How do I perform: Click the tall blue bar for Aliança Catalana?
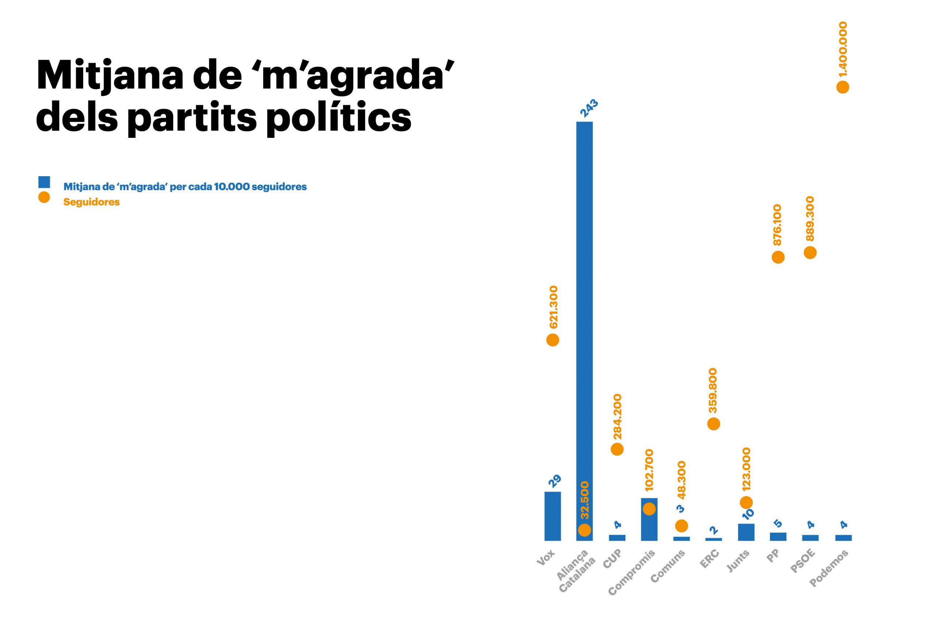point(584,318)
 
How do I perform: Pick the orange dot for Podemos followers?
point(843,87)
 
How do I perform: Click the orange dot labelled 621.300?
point(553,340)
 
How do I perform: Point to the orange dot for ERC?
point(714,424)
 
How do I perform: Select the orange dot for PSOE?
point(810,252)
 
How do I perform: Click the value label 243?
point(589,109)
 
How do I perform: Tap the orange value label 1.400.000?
point(842,49)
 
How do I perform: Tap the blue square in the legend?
point(44,182)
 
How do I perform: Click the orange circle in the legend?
point(44,197)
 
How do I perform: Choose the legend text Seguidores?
point(91,202)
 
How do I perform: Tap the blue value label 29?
point(555,481)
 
